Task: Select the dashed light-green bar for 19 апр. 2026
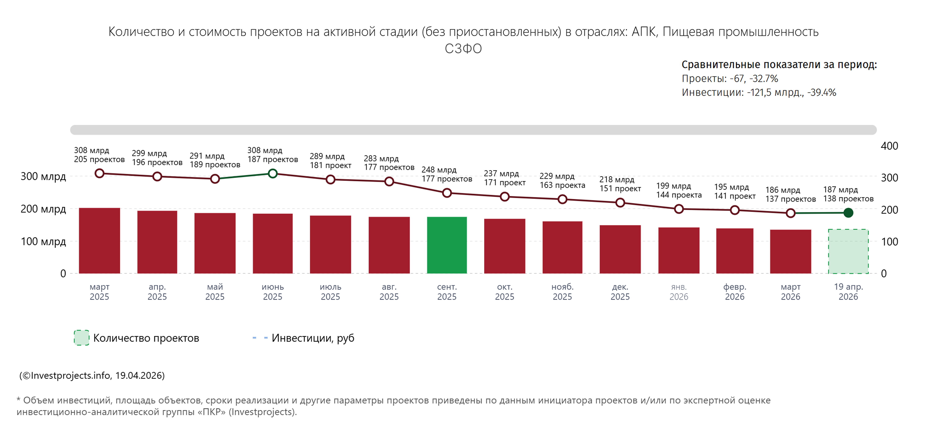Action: point(848,251)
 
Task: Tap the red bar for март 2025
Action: point(99,241)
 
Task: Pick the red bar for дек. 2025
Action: point(620,249)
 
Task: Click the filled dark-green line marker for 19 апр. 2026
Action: point(848,213)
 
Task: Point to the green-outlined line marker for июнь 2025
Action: point(273,174)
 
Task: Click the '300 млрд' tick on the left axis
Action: point(43,176)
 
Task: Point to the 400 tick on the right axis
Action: point(889,146)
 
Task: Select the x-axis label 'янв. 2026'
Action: point(679,292)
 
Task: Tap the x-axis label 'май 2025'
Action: point(215,292)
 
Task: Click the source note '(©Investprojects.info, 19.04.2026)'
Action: point(92,375)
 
